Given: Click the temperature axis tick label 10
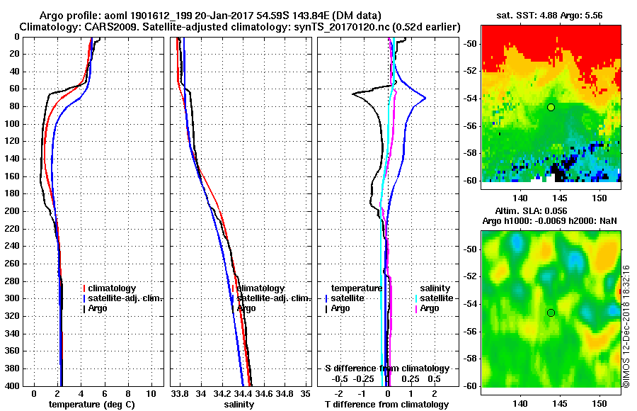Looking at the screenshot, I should click(151, 394).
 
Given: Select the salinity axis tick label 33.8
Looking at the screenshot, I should click(180, 394).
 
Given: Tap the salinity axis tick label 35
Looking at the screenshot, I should click(305, 394).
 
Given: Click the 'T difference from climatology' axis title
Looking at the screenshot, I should click(386, 405).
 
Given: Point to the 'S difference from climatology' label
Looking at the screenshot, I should click(386, 368).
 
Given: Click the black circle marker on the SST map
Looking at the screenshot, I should click(551, 107).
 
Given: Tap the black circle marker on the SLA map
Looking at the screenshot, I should click(551, 313).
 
